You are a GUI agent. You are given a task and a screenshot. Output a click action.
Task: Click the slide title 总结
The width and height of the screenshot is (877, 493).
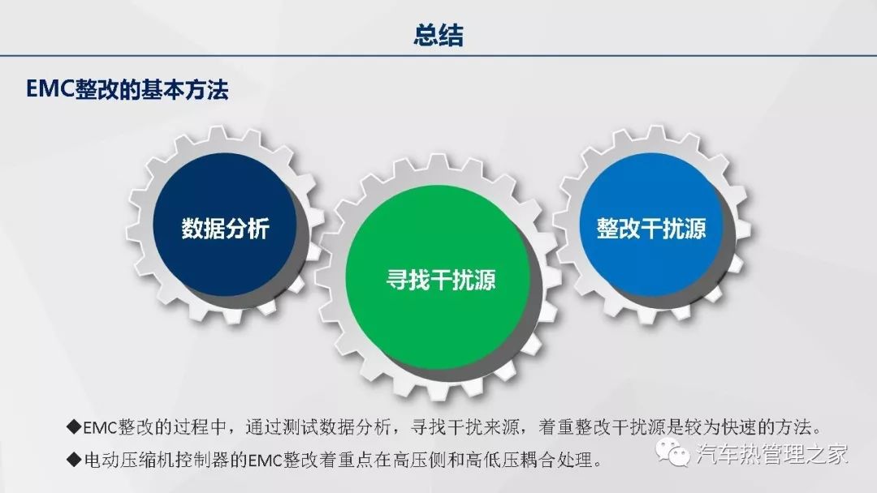(438, 35)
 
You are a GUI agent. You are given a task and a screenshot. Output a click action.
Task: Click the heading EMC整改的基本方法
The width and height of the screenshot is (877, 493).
(127, 90)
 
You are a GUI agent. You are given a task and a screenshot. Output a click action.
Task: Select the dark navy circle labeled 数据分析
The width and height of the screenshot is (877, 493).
(225, 225)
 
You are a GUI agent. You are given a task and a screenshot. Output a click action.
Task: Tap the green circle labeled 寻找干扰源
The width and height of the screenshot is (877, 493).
(438, 278)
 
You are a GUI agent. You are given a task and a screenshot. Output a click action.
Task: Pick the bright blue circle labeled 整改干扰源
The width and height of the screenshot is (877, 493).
(651, 225)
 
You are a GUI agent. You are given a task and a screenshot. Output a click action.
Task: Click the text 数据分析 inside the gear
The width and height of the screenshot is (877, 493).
(225, 229)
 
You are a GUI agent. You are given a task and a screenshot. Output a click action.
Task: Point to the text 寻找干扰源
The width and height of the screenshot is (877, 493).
(441, 280)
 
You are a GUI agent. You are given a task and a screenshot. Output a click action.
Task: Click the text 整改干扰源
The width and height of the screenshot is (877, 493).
(651, 229)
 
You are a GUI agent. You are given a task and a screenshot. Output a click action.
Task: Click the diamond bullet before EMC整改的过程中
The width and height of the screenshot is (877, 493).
(74, 427)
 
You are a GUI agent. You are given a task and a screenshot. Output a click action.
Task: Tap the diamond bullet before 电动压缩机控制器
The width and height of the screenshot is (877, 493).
(74, 460)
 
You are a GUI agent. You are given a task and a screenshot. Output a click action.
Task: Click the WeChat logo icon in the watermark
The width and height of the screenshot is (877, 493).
(673, 452)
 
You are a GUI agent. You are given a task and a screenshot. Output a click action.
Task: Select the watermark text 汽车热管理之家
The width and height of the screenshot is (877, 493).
(772, 453)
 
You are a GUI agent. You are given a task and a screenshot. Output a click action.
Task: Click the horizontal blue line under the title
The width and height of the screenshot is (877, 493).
(438, 56)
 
